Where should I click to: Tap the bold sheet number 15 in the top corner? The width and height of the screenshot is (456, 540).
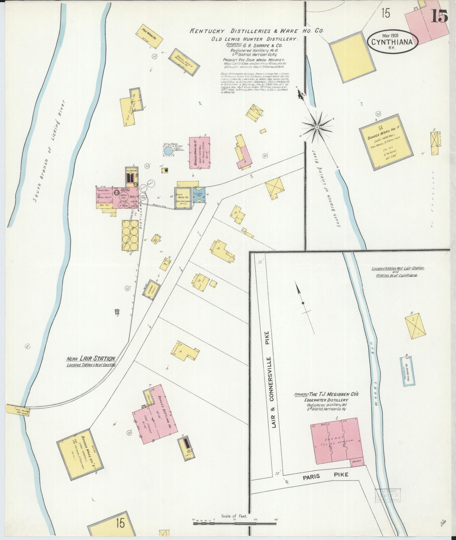click(x=439, y=16)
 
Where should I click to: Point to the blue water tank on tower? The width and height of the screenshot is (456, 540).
click(x=168, y=152)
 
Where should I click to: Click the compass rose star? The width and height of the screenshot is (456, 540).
click(x=317, y=128)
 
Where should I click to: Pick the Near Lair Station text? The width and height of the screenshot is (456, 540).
click(x=91, y=359)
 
